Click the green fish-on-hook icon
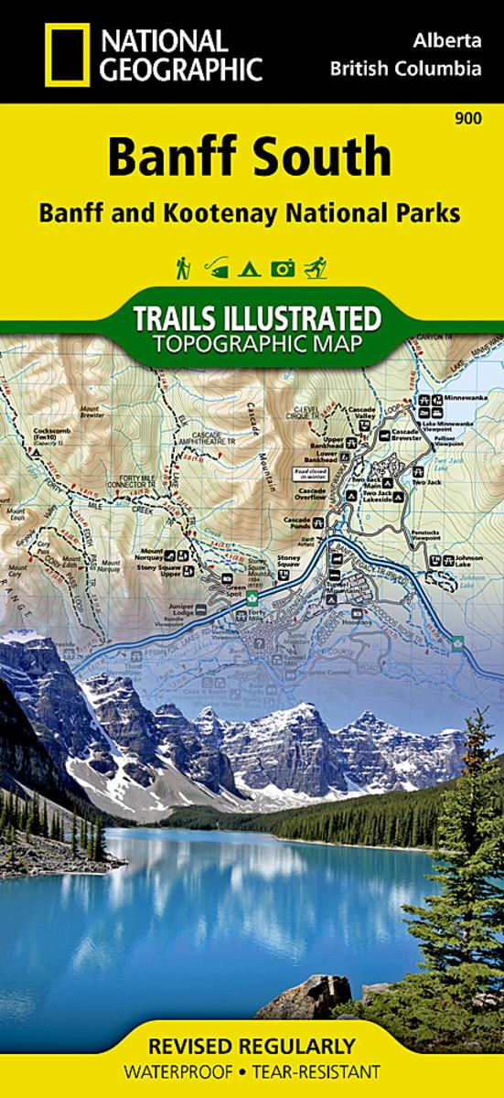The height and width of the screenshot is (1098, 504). (216, 269)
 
